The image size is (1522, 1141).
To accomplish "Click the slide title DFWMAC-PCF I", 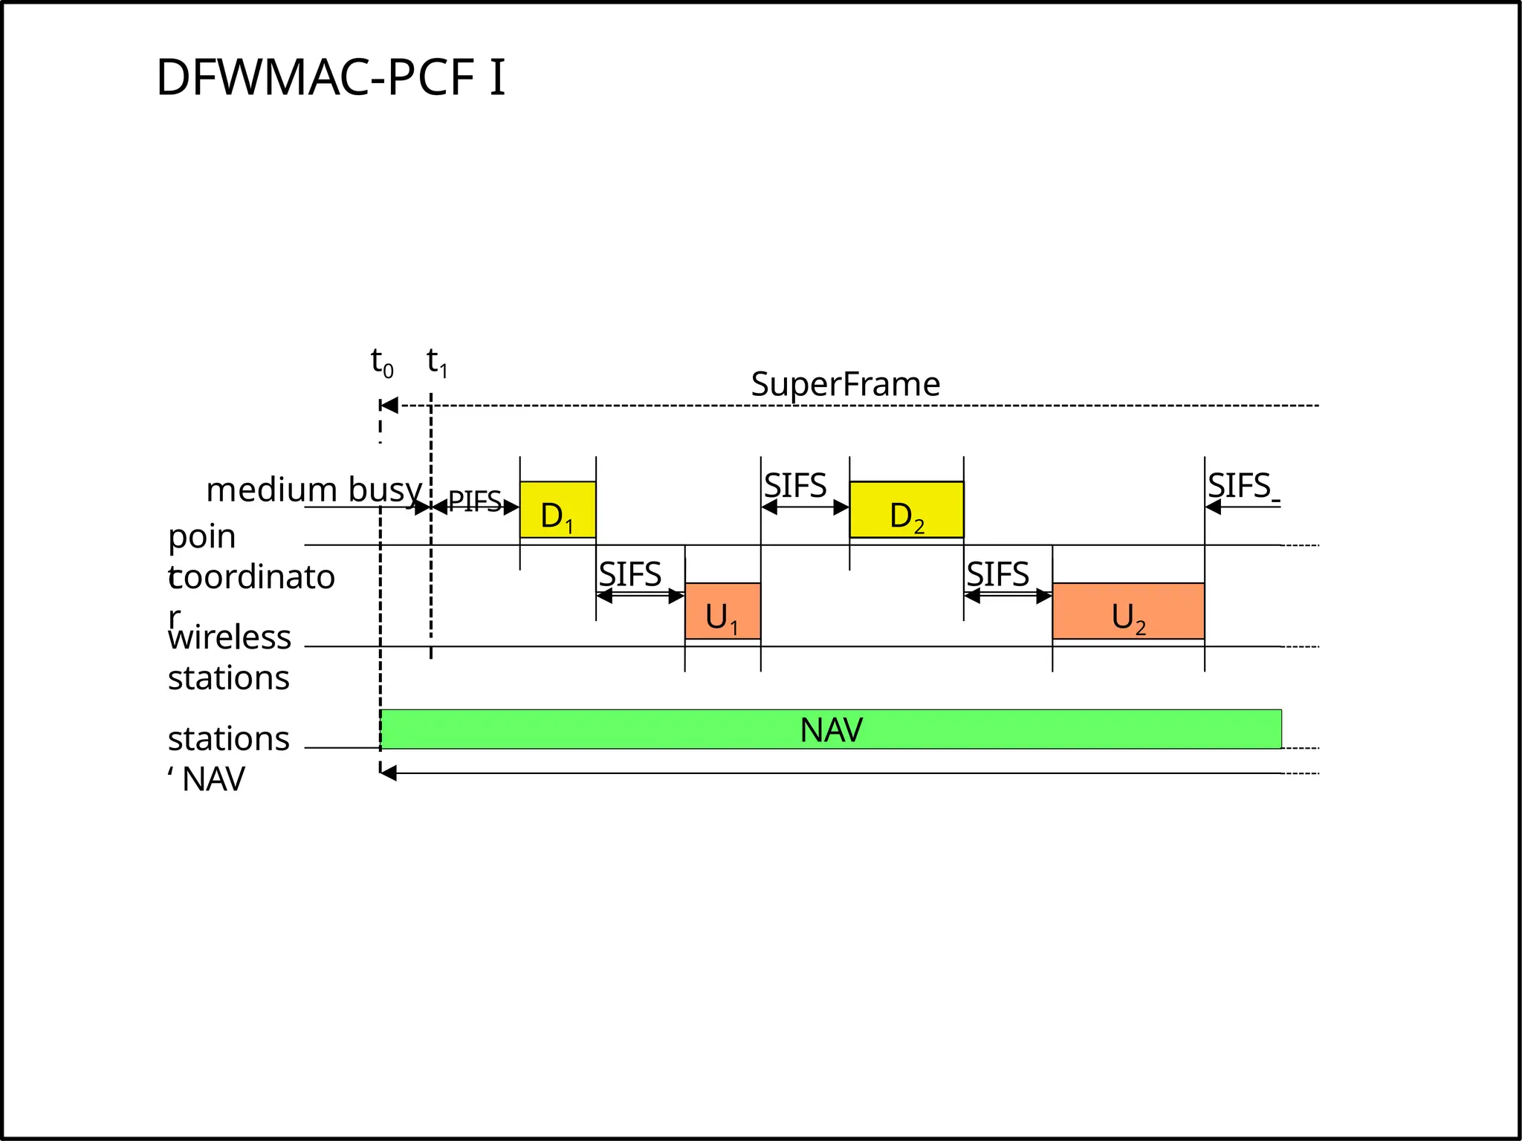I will tap(331, 77).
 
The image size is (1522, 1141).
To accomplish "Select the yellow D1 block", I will tap(557, 510).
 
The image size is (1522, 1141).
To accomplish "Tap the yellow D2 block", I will tap(906, 510).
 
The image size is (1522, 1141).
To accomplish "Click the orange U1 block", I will tap(722, 611).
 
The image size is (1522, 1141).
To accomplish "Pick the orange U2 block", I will tap(1128, 611).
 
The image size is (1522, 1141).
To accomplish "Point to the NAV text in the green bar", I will tap(831, 730).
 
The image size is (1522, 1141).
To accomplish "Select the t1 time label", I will tap(437, 363).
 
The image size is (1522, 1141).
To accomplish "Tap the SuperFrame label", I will tap(845, 385).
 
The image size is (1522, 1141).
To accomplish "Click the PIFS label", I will tap(475, 502).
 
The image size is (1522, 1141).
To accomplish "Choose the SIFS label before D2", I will tap(795, 486).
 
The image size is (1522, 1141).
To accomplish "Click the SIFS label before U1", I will tap(630, 574).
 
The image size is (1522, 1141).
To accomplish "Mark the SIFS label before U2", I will tap(997, 574).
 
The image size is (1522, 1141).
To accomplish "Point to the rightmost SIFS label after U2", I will tap(1239, 486).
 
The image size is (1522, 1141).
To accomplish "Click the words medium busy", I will tap(314, 490).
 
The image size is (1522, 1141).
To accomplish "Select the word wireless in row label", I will tap(230, 637).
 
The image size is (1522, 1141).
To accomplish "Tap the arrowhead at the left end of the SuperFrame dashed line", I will tap(389, 406).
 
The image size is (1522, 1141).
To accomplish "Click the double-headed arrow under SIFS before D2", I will tap(805, 507).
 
